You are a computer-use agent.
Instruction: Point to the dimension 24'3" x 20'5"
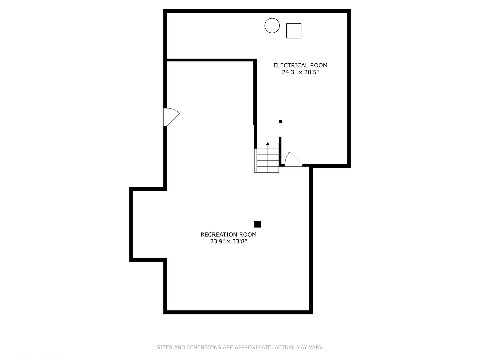click(x=300, y=72)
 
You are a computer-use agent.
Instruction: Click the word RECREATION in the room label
click(x=219, y=235)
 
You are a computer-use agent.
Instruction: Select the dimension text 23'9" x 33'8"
click(x=229, y=242)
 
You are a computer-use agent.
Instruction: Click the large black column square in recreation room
click(x=257, y=224)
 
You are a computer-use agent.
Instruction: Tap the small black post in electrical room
click(x=280, y=122)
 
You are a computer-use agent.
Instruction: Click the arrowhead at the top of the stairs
click(x=268, y=143)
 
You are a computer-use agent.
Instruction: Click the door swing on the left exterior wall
click(x=173, y=117)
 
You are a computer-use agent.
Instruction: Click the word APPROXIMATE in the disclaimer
click(x=253, y=347)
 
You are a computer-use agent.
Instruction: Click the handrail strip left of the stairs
click(x=255, y=160)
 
